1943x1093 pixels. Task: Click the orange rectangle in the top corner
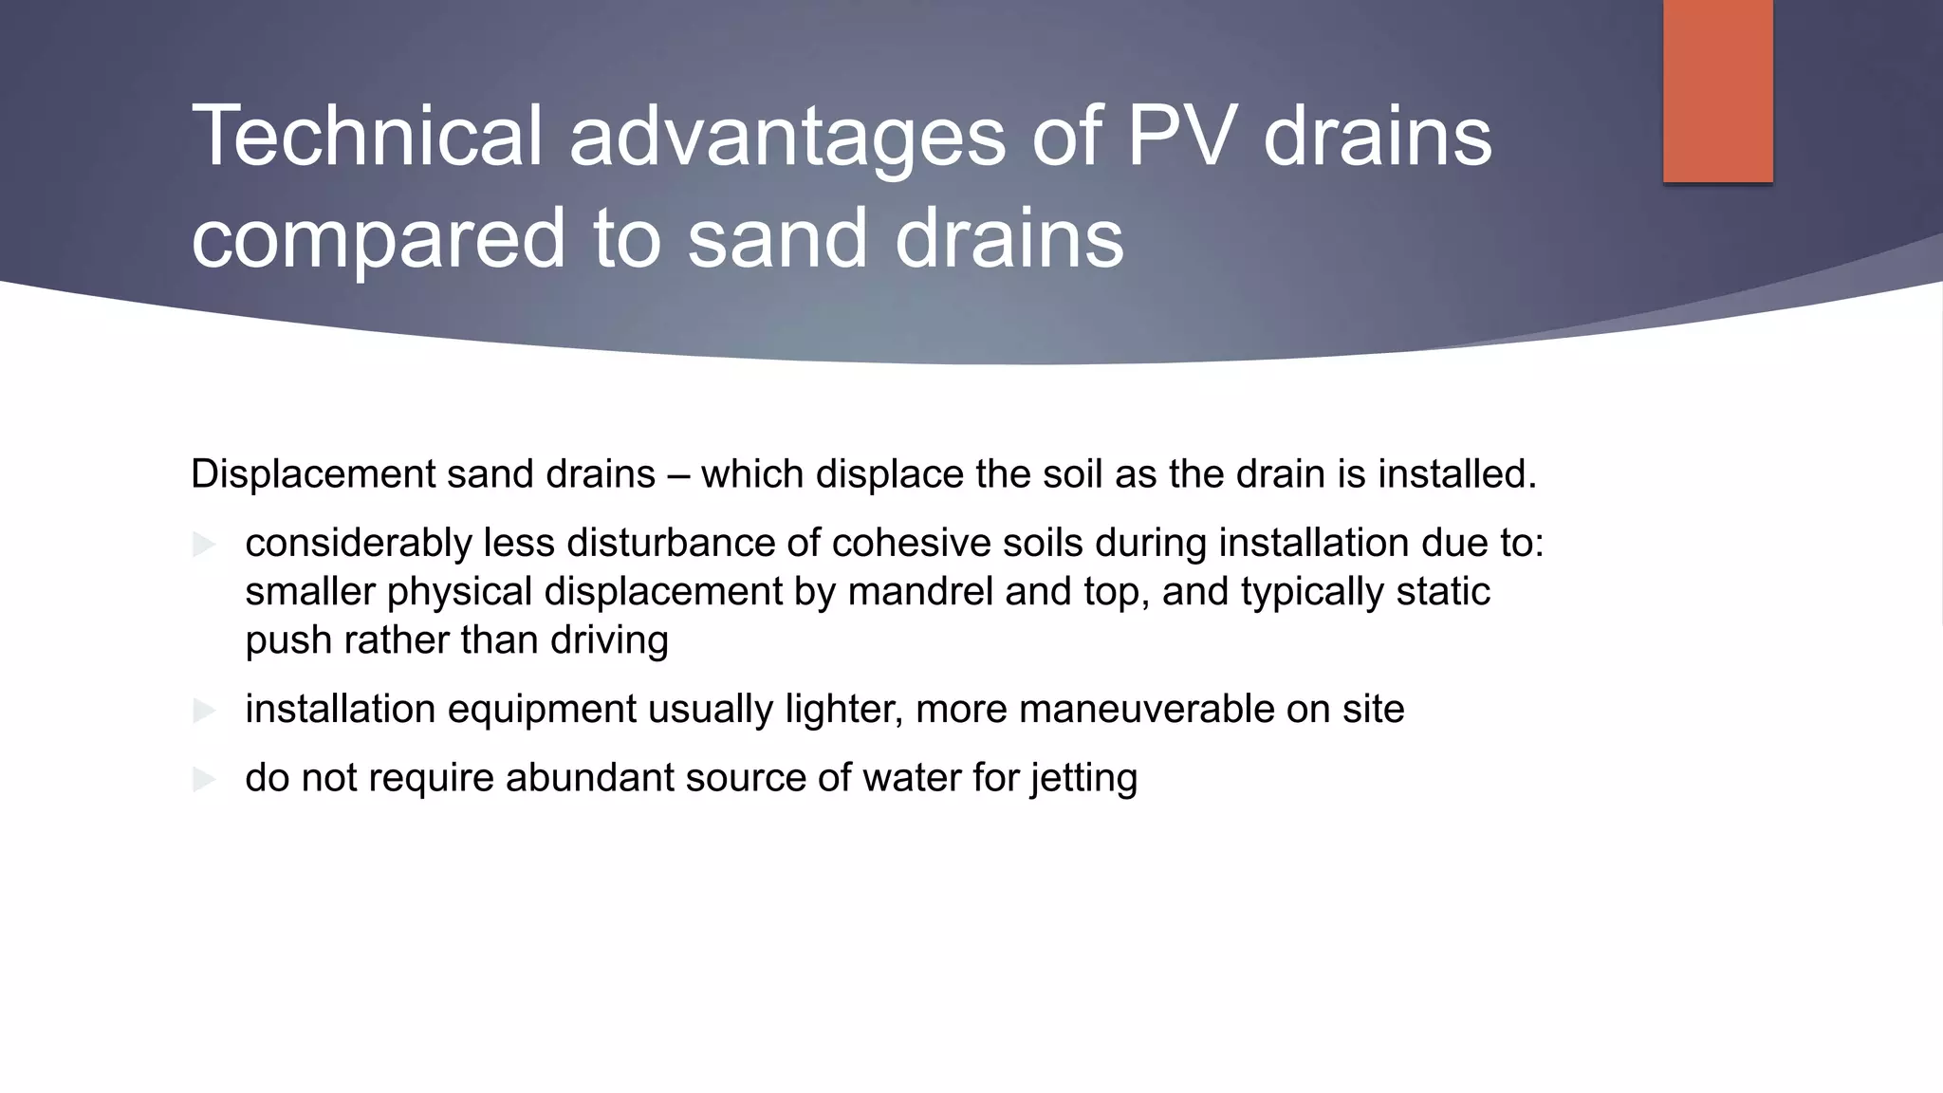tap(1717, 90)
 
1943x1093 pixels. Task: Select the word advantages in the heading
tap(786, 138)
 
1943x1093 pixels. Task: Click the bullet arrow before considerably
tap(204, 545)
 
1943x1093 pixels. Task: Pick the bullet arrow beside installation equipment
tap(204, 710)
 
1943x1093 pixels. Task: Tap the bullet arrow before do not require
tap(204, 779)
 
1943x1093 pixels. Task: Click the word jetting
tap(1083, 779)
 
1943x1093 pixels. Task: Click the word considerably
tap(358, 544)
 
